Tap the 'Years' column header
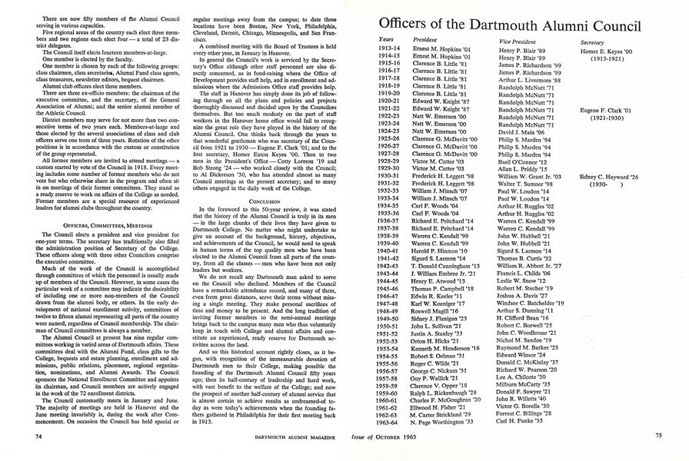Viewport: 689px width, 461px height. pyautogui.click(x=387, y=39)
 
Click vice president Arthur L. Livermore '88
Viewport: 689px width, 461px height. pyautogui.click(x=530, y=79)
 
